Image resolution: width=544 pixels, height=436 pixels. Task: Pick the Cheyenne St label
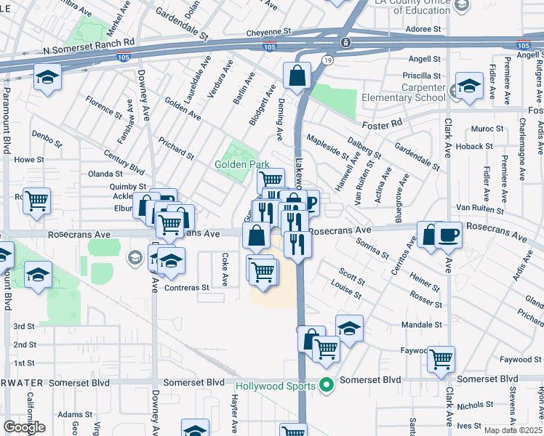pos(268,32)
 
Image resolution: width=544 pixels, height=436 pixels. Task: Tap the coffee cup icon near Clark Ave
pos(449,235)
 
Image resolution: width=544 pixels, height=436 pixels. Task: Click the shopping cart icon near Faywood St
pos(441,359)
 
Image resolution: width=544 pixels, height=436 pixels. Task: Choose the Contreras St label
pos(186,287)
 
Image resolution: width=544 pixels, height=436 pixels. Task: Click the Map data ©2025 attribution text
pos(513,430)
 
